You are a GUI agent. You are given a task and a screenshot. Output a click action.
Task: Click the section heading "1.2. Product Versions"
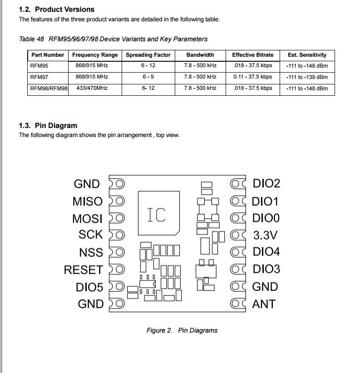click(56, 9)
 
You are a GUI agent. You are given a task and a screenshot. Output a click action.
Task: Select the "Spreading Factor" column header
click(148, 55)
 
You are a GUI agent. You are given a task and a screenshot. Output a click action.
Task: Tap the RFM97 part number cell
click(39, 77)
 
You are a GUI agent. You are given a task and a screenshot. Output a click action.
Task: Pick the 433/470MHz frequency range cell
click(92, 88)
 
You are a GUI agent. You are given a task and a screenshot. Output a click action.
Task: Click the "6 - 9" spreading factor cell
click(148, 77)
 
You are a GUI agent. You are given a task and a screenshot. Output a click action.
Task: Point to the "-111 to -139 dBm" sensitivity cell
click(307, 77)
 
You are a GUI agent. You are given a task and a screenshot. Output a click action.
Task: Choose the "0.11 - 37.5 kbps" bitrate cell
click(252, 77)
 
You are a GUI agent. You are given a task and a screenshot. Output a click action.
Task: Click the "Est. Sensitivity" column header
click(307, 55)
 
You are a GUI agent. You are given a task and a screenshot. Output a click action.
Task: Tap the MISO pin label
click(88, 201)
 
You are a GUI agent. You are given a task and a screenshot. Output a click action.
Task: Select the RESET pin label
click(83, 270)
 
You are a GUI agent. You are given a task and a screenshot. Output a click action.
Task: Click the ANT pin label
click(264, 304)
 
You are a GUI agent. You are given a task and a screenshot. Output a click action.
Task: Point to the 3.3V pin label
click(265, 236)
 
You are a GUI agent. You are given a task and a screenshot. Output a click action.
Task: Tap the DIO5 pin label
click(89, 288)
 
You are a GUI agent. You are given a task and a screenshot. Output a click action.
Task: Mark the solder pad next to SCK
click(117, 235)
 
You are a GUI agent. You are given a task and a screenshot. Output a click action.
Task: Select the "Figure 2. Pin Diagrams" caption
click(182, 330)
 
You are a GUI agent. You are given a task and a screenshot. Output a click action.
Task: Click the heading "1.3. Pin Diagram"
click(48, 126)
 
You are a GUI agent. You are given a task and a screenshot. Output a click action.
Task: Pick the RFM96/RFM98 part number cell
click(49, 88)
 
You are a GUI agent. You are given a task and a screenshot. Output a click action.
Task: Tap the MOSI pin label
click(87, 219)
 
